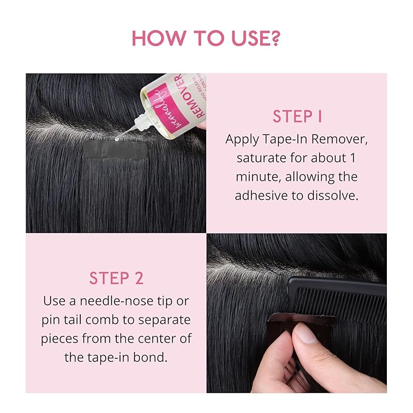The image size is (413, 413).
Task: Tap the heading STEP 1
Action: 297,117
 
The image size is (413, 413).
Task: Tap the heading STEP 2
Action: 116,279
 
